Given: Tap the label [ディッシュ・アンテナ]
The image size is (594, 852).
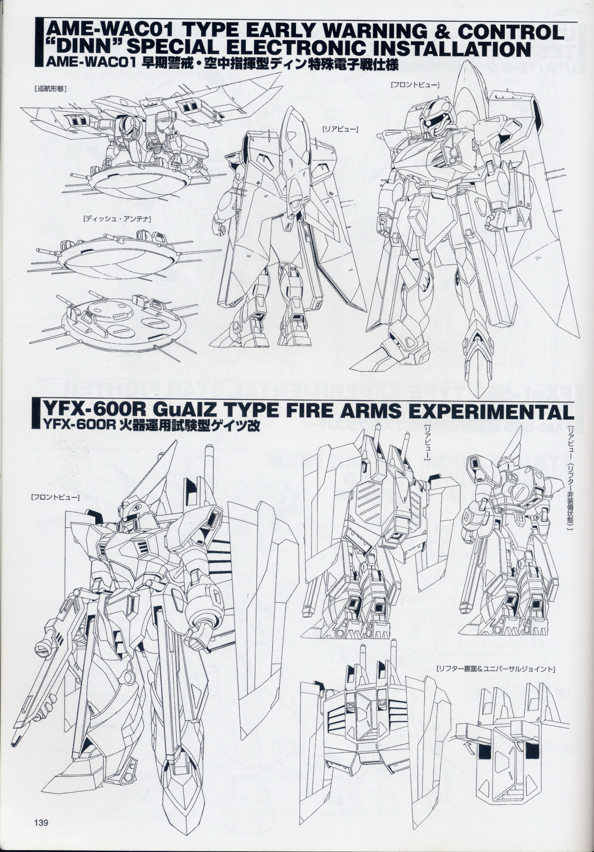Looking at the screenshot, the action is (x=117, y=219).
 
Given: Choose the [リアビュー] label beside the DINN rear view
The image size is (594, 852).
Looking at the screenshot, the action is (x=340, y=129).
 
